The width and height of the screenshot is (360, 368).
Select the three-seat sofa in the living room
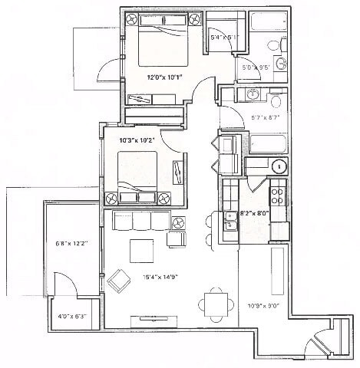tap(141, 221)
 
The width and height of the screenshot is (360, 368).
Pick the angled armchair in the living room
tap(120, 281)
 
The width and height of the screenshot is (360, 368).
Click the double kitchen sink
tap(229, 221)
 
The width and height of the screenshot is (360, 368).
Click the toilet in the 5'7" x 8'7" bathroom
tap(276, 97)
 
